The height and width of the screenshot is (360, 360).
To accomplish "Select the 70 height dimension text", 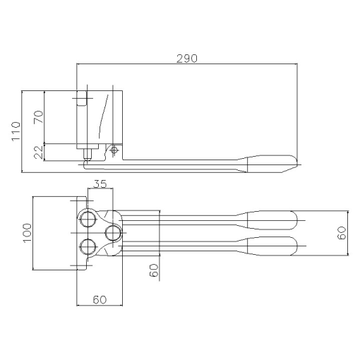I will point(38,116).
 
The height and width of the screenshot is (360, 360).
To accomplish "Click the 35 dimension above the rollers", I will point(100,185).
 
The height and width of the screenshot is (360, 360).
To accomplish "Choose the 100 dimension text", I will point(27,234).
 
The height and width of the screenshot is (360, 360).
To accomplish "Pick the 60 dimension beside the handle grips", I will point(342,234).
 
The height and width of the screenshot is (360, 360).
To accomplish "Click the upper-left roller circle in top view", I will point(88,218).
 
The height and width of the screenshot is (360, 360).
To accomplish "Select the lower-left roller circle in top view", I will point(88,246).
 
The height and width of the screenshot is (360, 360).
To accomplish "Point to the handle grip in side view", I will point(272,163).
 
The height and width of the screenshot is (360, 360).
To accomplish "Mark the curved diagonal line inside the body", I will point(104,116).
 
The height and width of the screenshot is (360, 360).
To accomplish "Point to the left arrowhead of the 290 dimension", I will point(79,64).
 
